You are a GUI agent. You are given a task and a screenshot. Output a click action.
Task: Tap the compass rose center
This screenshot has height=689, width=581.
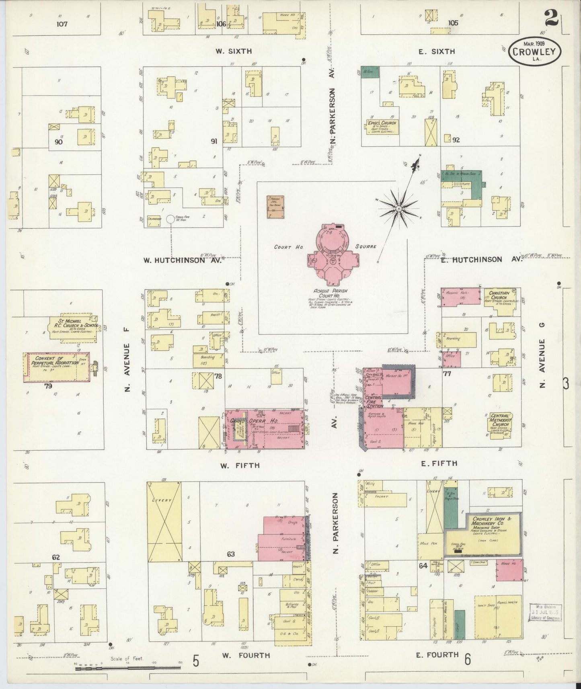[x=398, y=209]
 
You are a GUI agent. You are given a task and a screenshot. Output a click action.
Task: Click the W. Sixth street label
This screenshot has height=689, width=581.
[x=233, y=51]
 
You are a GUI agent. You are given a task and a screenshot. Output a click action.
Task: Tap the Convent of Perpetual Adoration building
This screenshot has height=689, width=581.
[x=56, y=367]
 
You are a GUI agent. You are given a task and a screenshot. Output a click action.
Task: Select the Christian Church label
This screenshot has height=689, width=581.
[x=499, y=295]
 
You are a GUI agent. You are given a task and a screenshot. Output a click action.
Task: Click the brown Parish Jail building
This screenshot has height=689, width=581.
[x=275, y=207]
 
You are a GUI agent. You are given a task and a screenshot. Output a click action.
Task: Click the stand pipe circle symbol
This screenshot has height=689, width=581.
[x=170, y=219]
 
